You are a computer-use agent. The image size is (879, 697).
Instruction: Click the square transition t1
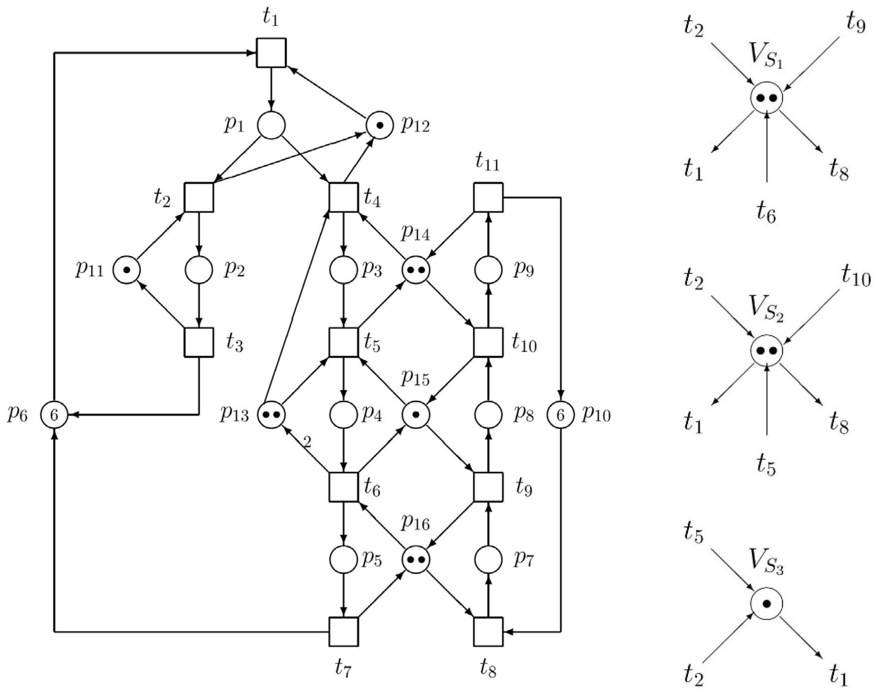pos(271,53)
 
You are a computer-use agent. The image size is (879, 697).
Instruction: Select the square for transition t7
pos(344,632)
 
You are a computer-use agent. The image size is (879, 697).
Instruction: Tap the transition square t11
pos(488,197)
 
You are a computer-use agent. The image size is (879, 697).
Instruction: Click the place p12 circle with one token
pos(380,125)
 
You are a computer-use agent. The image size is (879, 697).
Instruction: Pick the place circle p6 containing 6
pos(54,415)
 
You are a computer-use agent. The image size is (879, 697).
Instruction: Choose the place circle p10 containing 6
pos(560,415)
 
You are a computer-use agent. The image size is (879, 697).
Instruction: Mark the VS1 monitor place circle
pos(766,98)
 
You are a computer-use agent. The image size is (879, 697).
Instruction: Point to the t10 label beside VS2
pos(855,278)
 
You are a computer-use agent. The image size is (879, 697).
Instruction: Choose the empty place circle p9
pos(488,270)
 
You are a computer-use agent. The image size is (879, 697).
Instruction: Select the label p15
pos(415,379)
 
